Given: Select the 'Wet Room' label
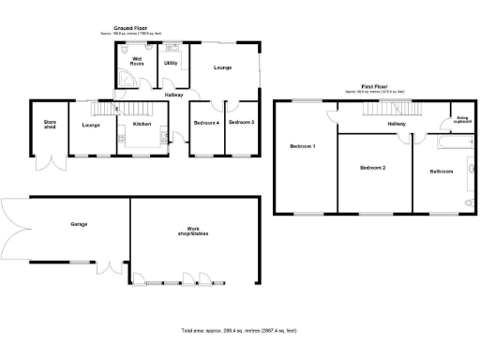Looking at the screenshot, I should [x=137, y=62].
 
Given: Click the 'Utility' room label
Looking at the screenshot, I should [x=171, y=63].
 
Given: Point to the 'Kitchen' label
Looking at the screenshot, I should [x=142, y=124].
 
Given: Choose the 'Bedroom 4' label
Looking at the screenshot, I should [x=206, y=123].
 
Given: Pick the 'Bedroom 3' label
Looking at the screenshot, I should [x=242, y=123].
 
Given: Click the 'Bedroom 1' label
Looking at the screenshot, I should [x=302, y=147].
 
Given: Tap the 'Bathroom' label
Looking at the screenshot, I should [x=442, y=172].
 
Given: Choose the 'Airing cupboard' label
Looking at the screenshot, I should [x=462, y=120].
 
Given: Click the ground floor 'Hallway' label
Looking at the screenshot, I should [x=174, y=95].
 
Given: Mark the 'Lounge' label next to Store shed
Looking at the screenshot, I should [x=91, y=125].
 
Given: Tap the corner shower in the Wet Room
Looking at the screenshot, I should [x=123, y=80].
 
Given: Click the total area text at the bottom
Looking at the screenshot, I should [x=239, y=331].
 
